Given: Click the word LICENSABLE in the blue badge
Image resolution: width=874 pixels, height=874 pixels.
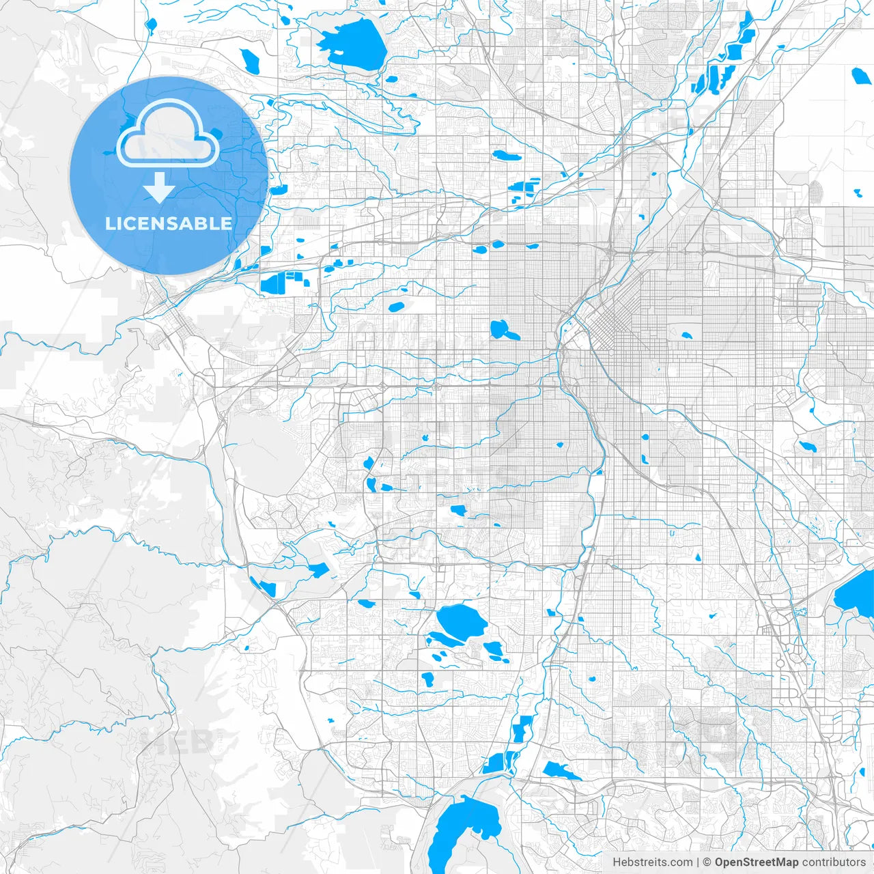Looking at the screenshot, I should (x=168, y=223).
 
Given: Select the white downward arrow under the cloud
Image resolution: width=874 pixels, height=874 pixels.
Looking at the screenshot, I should (x=160, y=188).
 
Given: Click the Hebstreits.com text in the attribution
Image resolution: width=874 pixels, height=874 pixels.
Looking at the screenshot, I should (x=652, y=862).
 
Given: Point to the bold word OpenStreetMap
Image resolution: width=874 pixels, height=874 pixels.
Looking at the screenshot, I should (x=756, y=862).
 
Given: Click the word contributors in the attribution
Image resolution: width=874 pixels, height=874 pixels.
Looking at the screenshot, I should (x=834, y=862).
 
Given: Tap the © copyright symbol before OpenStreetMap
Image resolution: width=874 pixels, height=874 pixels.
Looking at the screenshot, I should (x=707, y=862).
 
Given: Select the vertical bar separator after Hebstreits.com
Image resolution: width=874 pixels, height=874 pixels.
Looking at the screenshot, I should (x=698, y=862).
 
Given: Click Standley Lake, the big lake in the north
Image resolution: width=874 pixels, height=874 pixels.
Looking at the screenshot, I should (x=352, y=42).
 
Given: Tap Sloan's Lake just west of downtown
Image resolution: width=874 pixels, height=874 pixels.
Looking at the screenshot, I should (x=503, y=330).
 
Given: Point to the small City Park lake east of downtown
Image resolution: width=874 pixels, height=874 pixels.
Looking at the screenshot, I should (x=686, y=336).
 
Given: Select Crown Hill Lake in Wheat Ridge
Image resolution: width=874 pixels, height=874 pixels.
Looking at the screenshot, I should (x=397, y=307).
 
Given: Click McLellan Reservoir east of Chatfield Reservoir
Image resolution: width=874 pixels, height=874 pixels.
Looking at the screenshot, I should (x=561, y=771).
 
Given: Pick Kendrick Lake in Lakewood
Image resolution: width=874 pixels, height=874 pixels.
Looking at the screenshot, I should (x=370, y=484).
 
